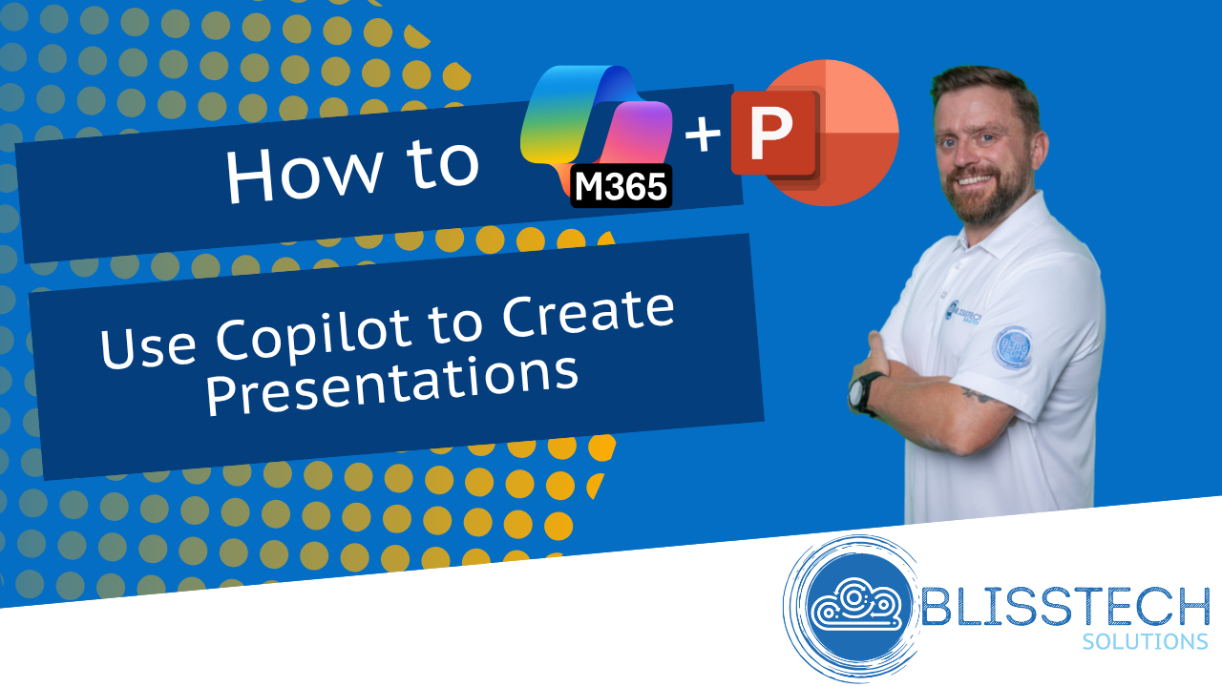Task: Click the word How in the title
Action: [x=304, y=173]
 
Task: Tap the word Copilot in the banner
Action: [x=314, y=334]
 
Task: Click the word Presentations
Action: [x=391, y=385]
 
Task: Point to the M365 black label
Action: [x=621, y=186]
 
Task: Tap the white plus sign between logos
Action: [x=703, y=134]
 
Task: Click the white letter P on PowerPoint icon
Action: [x=770, y=134]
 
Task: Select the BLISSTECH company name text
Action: [x=1064, y=606]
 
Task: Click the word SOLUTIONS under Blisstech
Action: [x=1145, y=642]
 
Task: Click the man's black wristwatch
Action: [x=864, y=393]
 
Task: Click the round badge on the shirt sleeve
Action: [x=1013, y=347]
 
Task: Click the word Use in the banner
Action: [x=147, y=346]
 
